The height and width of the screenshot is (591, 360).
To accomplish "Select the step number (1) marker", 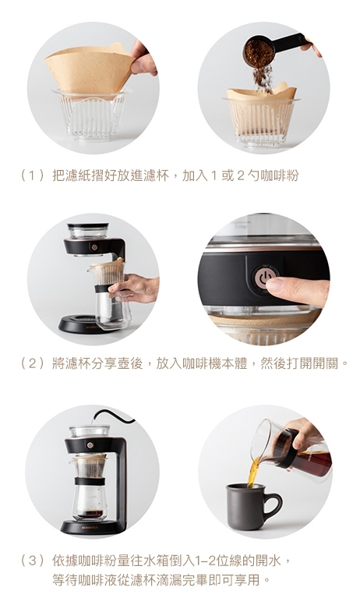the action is [33, 175].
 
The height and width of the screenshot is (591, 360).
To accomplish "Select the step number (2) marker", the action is [33, 363].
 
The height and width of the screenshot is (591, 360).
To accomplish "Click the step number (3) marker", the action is [33, 561].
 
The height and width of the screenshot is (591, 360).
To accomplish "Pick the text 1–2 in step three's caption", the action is [206, 561].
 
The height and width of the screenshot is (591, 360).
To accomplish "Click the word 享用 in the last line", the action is [248, 579].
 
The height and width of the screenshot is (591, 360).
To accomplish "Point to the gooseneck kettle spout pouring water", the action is [113, 416].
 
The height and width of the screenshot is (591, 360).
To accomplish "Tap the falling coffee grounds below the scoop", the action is [263, 79].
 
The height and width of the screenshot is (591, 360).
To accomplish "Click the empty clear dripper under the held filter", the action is [92, 115].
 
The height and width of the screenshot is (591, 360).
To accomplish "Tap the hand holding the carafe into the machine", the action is [136, 288].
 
